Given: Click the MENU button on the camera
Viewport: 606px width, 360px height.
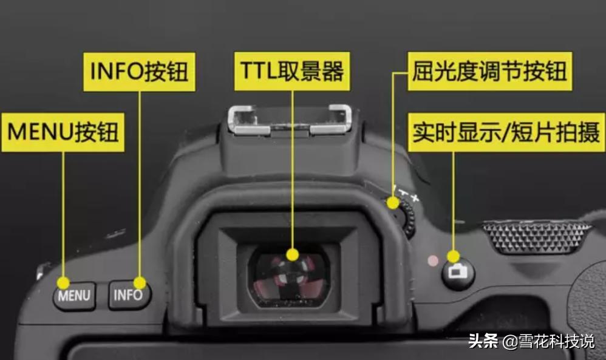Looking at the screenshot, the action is coord(74,296).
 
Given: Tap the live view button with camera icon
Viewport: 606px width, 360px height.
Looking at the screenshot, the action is coord(458,273).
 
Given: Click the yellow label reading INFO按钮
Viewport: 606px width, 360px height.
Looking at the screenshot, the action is coord(140,72).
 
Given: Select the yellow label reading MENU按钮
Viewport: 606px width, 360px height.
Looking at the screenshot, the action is coord(63,132).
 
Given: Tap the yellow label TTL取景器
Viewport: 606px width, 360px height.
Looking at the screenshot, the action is coord(292,71).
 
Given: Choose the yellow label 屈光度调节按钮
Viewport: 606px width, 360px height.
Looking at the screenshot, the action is coord(490,71).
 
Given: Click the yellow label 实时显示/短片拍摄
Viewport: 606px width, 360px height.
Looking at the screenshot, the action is coord(506,132).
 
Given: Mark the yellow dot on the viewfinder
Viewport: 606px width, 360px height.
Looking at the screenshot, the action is coord(293,254).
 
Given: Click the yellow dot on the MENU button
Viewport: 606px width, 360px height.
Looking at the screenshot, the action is coord(63,283).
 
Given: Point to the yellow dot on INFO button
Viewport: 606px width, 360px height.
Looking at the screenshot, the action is coord(140,283).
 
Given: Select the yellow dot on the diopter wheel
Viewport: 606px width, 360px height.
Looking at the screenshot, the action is coord(393,203).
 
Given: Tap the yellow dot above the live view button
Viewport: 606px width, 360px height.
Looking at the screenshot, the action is coord(454,256).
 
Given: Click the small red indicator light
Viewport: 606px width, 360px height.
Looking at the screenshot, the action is coord(433,261).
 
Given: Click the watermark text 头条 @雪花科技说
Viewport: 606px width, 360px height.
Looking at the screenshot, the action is coord(531,341).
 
